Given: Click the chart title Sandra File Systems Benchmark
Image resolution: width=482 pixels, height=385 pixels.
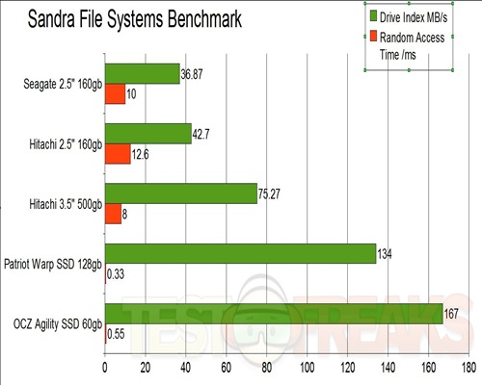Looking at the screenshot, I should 135,18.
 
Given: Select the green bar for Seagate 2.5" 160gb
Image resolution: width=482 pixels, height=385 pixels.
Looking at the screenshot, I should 142,73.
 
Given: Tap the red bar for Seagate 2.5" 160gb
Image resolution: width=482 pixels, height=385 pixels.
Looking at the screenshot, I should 115,93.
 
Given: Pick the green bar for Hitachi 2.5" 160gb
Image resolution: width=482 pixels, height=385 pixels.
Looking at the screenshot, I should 147,133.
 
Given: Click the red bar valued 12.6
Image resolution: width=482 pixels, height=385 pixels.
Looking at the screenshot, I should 117,153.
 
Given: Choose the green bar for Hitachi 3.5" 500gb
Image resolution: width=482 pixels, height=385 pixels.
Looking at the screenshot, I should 180,193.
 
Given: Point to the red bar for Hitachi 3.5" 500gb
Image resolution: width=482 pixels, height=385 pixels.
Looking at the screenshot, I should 113,213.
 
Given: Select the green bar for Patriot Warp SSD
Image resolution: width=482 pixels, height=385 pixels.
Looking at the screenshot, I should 240,253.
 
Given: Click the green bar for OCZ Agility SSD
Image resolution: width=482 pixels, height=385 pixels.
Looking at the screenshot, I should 273,314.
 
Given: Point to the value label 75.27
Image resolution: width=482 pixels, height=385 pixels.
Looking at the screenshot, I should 272,192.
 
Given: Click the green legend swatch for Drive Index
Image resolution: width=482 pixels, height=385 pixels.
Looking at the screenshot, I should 372,16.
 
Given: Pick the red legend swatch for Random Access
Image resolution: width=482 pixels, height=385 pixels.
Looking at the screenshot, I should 372,37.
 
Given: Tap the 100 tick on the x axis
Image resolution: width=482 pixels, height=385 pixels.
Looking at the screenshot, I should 307,368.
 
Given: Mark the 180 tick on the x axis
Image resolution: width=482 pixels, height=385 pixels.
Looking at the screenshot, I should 469,368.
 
